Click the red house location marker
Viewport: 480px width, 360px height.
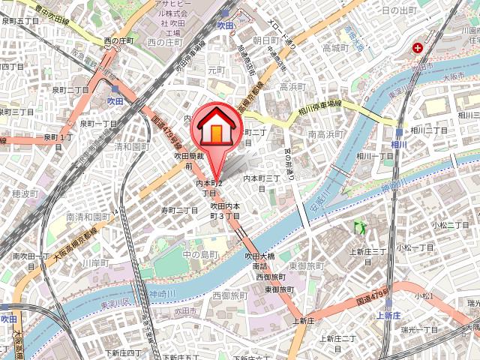[214, 127]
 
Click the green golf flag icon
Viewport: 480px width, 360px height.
[358, 224]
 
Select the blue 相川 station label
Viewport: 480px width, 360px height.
[398, 143]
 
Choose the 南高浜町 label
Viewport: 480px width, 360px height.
[325, 133]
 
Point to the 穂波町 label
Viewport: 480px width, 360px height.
[25, 193]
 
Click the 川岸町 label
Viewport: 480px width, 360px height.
[96, 263]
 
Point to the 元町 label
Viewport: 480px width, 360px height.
[216, 70]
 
